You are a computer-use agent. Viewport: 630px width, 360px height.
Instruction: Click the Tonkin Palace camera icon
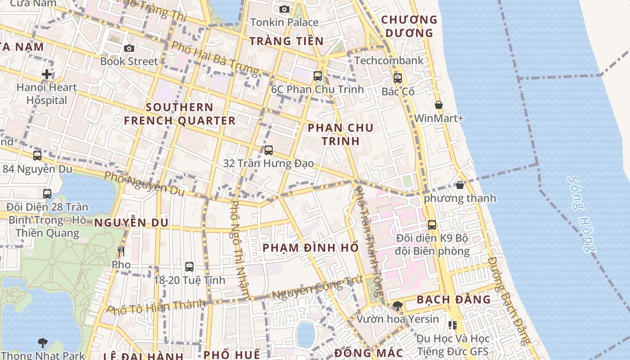click(x=284, y=9)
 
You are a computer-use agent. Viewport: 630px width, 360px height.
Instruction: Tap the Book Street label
click(x=129, y=61)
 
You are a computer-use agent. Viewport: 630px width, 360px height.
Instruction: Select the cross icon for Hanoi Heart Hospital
click(x=47, y=74)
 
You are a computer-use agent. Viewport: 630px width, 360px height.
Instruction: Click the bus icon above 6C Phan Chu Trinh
click(x=318, y=76)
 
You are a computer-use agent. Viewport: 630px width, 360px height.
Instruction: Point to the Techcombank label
click(x=389, y=60)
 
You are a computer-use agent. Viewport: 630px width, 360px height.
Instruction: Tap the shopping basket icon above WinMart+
click(x=439, y=105)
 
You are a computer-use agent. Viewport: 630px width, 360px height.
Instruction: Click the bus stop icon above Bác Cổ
click(x=398, y=78)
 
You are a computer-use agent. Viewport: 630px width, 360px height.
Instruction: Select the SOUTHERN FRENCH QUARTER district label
click(x=180, y=114)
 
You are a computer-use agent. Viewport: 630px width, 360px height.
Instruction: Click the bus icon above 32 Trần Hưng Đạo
click(x=269, y=150)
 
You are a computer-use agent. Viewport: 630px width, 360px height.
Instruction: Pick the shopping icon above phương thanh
click(x=460, y=184)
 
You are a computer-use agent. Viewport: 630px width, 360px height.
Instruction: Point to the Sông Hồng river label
click(x=582, y=214)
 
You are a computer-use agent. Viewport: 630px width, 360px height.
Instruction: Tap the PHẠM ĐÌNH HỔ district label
click(x=310, y=248)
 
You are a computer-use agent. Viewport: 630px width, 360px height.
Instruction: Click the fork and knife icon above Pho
click(x=121, y=251)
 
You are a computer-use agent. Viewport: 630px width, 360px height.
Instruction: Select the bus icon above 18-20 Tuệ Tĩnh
click(x=189, y=266)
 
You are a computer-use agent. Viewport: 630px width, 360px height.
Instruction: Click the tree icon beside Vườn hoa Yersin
click(x=397, y=306)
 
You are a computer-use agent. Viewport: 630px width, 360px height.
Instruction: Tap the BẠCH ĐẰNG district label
click(x=454, y=300)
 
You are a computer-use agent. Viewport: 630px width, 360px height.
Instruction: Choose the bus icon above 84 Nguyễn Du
click(x=37, y=156)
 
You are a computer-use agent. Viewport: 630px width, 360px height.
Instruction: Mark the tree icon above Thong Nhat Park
click(x=43, y=343)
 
